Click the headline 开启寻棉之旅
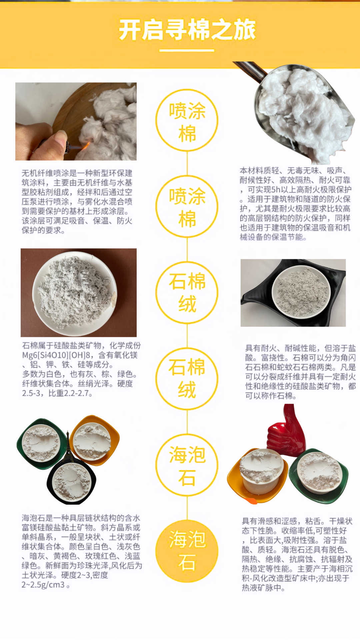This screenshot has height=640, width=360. (187, 30)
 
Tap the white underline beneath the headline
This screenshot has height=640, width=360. (187, 51)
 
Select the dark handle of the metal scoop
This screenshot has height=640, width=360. (250, 70)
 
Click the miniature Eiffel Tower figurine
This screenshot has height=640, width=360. (68, 446)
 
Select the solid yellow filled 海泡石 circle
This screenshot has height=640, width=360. (187, 551)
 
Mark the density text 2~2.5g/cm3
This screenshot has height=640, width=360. (43, 585)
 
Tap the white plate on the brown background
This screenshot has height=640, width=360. (75, 294)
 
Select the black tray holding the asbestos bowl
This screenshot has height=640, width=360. (293, 293)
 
